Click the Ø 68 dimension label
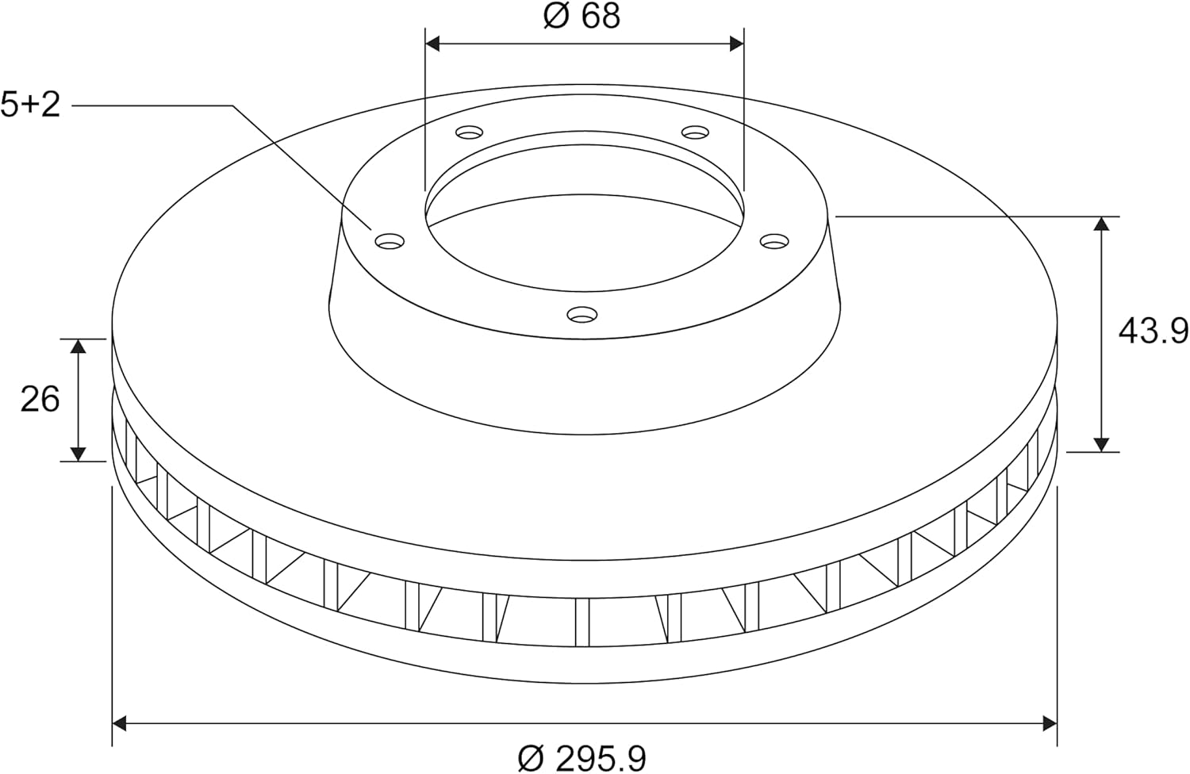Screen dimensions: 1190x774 coord(582,17)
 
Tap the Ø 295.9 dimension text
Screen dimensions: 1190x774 coord(582,759)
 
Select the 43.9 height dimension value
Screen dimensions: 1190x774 coord(1153,331)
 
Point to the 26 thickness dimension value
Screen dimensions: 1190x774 coord(40,400)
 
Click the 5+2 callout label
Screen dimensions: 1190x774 coord(30,105)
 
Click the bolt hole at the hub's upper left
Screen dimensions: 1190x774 coord(470,132)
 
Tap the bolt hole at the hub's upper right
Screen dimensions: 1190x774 coord(696,132)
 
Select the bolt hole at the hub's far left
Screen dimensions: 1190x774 coord(390,242)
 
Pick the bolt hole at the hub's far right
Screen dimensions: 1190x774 coord(774,242)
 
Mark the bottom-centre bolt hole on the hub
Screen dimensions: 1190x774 coord(582,315)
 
